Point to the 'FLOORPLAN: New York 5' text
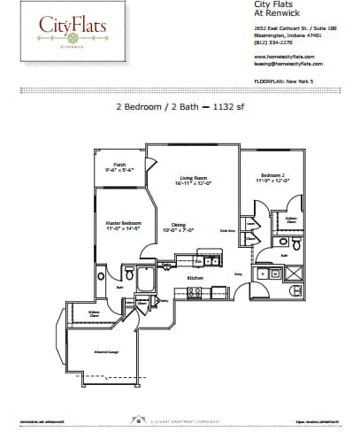284,81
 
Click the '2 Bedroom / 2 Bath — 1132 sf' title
180,105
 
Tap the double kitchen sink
211,261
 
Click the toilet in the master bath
129,275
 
